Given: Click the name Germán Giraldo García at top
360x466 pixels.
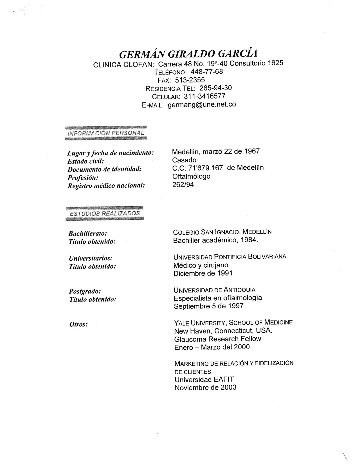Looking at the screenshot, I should coord(188,53).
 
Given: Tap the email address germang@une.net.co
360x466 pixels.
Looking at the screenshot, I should coord(202,105).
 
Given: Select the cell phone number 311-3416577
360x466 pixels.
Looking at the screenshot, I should coord(204,96).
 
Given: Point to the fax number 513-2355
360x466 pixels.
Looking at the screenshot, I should coord(190,80).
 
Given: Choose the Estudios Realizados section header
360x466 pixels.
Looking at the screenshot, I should coord(105,213).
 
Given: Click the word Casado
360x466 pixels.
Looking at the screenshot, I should coord(184,160).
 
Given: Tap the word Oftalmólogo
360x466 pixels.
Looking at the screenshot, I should coord(191,176).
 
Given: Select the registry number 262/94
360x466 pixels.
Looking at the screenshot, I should coord(183,184).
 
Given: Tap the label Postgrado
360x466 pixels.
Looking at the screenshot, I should coord(85,291).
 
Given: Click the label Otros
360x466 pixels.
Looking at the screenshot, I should coord(79,324).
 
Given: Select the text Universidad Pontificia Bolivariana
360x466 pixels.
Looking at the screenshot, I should coord(230,257).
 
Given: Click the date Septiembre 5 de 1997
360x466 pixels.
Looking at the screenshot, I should coord(208,306).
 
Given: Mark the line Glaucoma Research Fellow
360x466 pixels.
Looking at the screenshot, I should coord(218,339).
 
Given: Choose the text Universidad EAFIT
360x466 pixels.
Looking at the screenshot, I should coord(204,379).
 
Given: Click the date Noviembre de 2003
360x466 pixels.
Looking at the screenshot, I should coord(205,387).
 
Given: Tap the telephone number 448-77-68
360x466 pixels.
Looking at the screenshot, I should coord(207,71).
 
